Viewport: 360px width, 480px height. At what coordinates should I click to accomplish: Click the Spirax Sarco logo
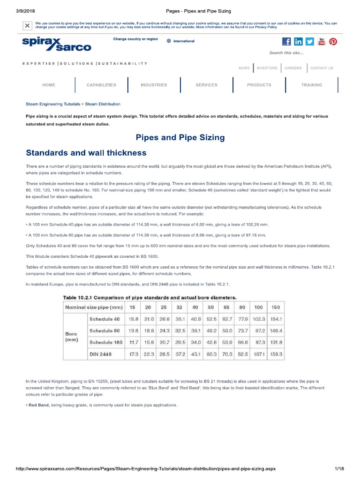[56, 44]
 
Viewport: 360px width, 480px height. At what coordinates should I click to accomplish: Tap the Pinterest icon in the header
[333, 42]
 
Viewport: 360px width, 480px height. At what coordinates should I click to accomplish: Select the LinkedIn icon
[298, 42]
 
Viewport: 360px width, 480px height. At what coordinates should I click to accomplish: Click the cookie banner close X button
[28, 25]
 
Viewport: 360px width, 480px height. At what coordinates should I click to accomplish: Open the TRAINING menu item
[312, 85]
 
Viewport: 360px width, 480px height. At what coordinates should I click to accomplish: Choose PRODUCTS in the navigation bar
[259, 85]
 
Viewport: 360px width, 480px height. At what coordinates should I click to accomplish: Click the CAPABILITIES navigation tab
[101, 85]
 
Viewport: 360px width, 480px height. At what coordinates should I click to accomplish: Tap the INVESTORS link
[267, 68]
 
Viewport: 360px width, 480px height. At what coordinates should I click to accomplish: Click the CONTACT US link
[322, 68]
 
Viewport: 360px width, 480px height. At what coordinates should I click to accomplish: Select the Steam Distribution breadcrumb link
[103, 104]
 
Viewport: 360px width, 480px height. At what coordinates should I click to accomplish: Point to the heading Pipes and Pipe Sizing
[180, 137]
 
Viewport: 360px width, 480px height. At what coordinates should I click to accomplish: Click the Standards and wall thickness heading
[86, 153]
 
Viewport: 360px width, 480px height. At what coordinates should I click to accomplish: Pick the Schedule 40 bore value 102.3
[259, 319]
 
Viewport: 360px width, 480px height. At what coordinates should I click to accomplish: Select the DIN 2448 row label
[100, 355]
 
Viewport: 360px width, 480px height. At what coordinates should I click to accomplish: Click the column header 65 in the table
[226, 307]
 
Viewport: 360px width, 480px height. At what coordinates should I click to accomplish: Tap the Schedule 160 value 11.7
[134, 343]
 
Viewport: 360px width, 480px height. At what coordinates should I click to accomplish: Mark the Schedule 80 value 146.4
[276, 331]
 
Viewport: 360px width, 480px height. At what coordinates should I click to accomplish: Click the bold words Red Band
[38, 405]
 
